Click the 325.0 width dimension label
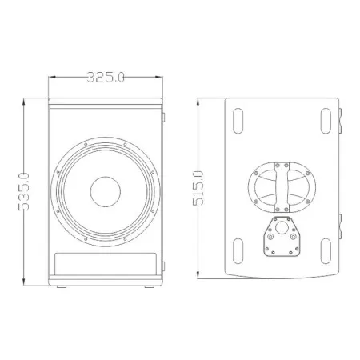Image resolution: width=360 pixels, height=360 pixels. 106,78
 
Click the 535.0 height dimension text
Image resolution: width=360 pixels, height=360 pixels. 24,192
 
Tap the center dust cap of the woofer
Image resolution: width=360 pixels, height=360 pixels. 106,191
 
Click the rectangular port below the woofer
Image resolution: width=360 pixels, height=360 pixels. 106,264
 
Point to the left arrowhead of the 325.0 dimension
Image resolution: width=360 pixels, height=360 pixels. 52,78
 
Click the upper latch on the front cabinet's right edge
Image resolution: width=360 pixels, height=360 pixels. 165,119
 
